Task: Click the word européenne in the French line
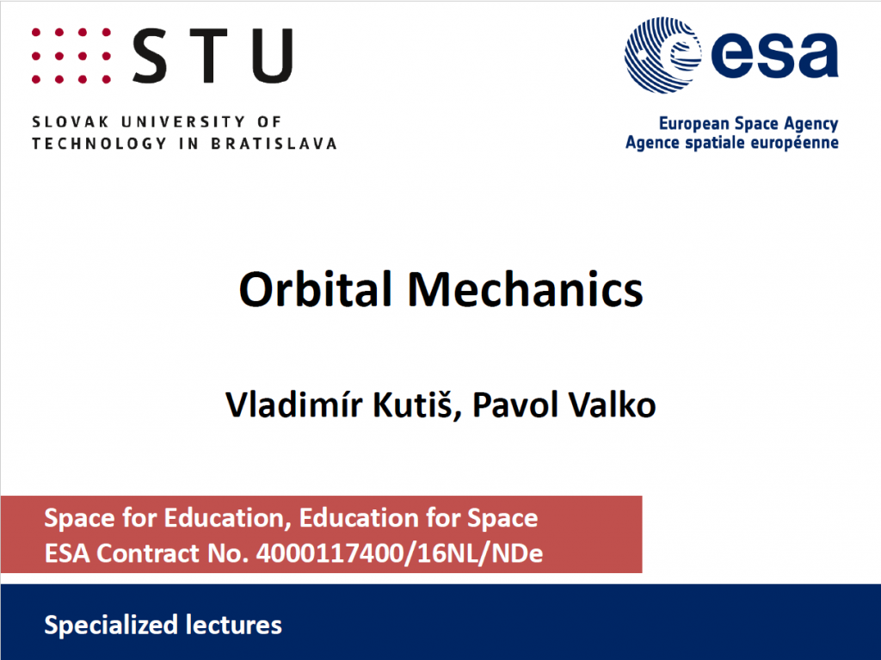click(796, 141)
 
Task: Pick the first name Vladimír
click(285, 404)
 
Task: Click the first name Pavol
click(508, 404)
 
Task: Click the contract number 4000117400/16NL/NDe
click(399, 553)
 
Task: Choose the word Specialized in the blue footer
click(103, 624)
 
